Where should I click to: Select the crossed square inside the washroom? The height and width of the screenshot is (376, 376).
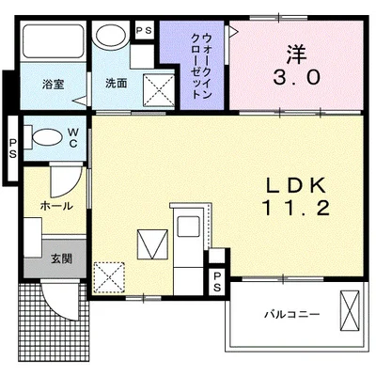pos(157,92)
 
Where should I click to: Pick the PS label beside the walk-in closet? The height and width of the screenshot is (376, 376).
pos(145,31)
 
